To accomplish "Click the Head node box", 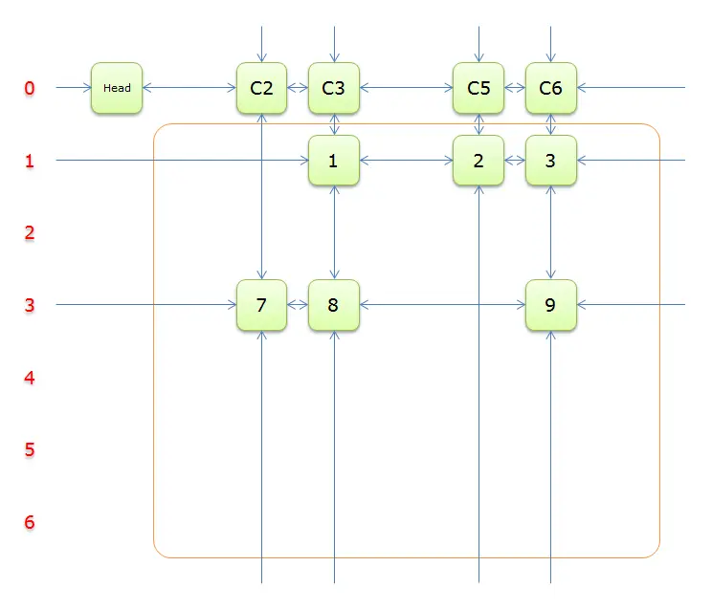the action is pyautogui.click(x=117, y=88).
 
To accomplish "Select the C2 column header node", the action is pyautogui.click(x=261, y=88).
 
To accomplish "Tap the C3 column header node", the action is pyautogui.click(x=334, y=88).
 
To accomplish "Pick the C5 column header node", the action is pyautogui.click(x=478, y=88).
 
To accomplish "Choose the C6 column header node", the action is pyautogui.click(x=551, y=88).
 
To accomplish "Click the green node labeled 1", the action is pyautogui.click(x=334, y=161).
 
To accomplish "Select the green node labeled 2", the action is pyautogui.click(x=478, y=161).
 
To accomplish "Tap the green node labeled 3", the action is pyautogui.click(x=551, y=161).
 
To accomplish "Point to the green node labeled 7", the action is pyautogui.click(x=261, y=305).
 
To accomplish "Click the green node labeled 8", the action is pyautogui.click(x=334, y=305).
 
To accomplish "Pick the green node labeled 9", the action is pyautogui.click(x=551, y=305).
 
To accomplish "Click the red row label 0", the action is pyautogui.click(x=30, y=88).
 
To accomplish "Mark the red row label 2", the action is pyautogui.click(x=30, y=232).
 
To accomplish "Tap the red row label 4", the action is pyautogui.click(x=30, y=378).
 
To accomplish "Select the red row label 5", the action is pyautogui.click(x=30, y=449).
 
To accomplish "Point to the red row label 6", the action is pyautogui.click(x=30, y=522).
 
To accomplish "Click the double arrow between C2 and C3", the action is pyautogui.click(x=298, y=88).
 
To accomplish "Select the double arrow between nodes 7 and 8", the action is pyautogui.click(x=298, y=305).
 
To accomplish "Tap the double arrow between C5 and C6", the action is pyautogui.click(x=515, y=88).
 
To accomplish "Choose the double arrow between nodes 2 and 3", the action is pyautogui.click(x=515, y=160).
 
